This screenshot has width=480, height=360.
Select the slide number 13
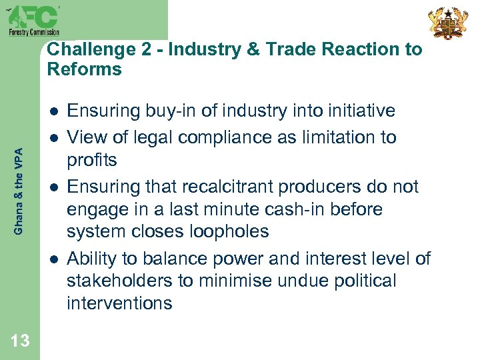[20, 340]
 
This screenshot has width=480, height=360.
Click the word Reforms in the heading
[85, 69]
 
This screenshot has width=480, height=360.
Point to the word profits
[92, 161]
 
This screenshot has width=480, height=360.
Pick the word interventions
[119, 303]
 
